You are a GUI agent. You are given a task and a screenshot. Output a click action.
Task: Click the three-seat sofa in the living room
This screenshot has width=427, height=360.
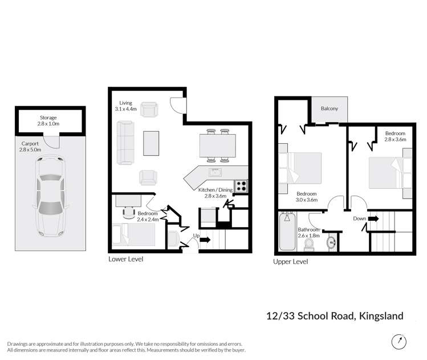click(x=125, y=141)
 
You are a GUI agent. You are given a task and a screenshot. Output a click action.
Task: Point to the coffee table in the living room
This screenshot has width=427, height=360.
click(x=151, y=143)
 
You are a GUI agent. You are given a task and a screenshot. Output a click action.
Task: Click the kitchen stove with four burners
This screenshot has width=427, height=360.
click(x=241, y=185)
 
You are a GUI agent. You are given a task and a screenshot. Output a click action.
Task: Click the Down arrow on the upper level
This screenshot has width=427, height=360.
click(x=374, y=219)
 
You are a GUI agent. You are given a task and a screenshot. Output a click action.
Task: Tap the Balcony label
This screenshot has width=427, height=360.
click(x=330, y=108)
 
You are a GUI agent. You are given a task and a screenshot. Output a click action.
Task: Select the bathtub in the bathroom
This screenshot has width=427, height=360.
click(x=287, y=233)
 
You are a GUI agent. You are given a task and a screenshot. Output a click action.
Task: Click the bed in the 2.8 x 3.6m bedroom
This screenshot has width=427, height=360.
click(x=389, y=172)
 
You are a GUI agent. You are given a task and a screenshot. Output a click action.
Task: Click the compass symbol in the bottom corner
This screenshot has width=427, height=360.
click(x=399, y=342)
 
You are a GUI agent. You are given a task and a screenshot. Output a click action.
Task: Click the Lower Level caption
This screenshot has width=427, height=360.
click(x=125, y=259)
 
